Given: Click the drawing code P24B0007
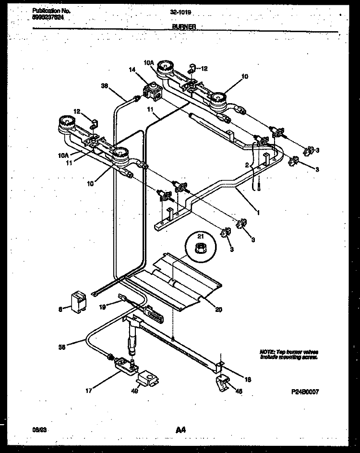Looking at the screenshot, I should (x=304, y=392).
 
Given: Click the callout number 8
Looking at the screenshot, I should (x=60, y=310).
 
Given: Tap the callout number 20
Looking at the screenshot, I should (x=218, y=310).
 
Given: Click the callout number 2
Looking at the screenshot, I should (x=246, y=165).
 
